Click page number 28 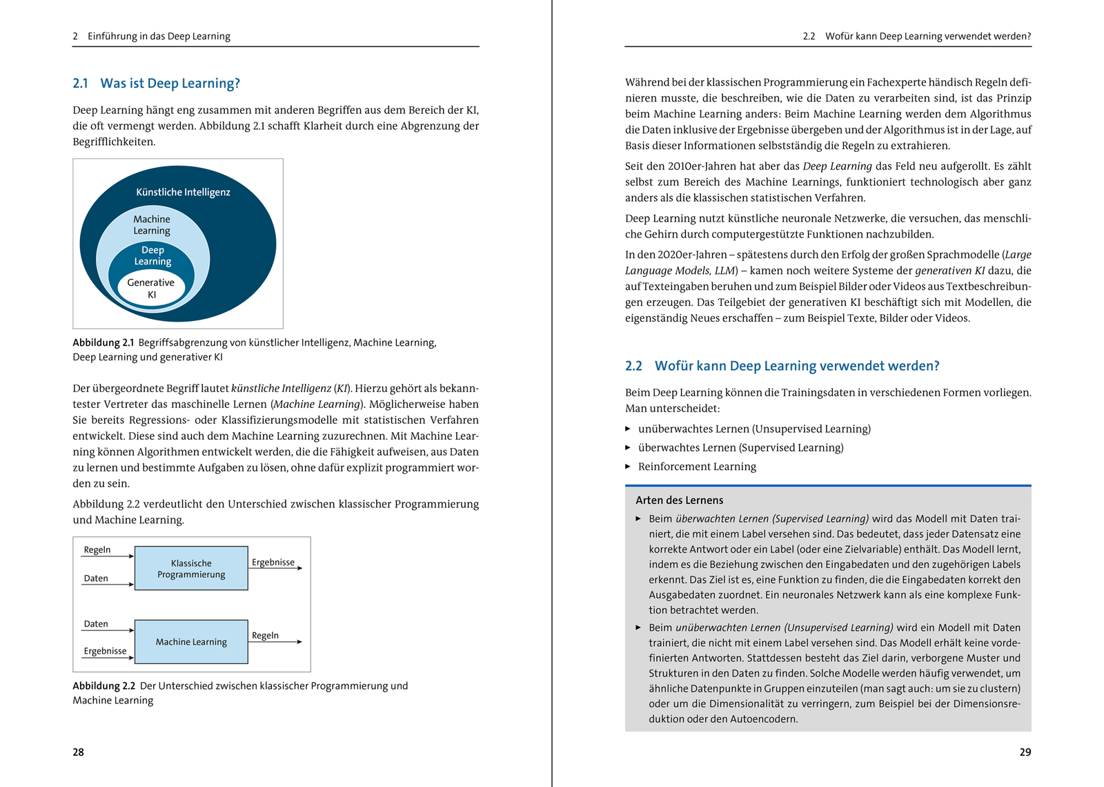(79, 752)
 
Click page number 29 (1025, 752)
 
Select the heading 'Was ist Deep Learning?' (170, 84)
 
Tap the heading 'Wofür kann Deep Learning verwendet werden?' (796, 366)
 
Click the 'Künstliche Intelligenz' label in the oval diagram (183, 192)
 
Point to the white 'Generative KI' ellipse (151, 289)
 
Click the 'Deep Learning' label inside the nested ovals (152, 255)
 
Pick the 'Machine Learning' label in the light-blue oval (152, 225)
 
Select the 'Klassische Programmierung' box (191, 568)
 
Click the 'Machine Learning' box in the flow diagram (191, 641)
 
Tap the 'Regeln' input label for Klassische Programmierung (97, 550)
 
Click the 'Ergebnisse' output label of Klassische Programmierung (273, 562)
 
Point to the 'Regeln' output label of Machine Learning (265, 635)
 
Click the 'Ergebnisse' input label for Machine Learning (105, 650)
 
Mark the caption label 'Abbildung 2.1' (103, 342)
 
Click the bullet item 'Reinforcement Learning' (697, 467)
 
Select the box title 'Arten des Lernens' (679, 500)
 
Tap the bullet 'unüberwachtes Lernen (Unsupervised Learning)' (754, 429)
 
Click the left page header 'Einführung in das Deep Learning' (159, 36)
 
